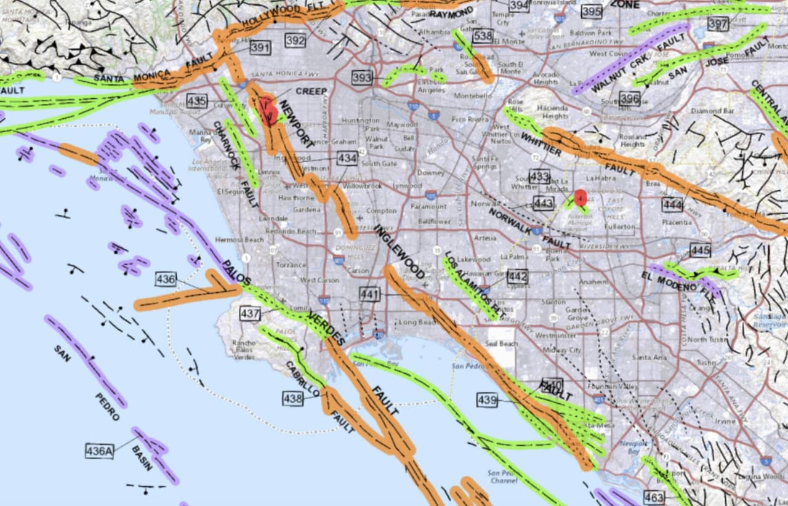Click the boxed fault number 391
tap(260, 48)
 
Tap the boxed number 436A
tap(100, 451)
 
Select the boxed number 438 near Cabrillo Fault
tap(293, 399)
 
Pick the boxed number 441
tap(369, 295)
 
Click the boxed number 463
tap(654, 496)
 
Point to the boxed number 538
tap(483, 36)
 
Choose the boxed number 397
tap(718, 24)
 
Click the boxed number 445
tap(701, 251)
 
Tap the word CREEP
tap(311, 91)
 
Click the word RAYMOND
tap(451, 13)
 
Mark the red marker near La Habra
tap(580, 198)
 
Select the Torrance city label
tap(291, 265)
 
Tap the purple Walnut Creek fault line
tap(628, 59)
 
